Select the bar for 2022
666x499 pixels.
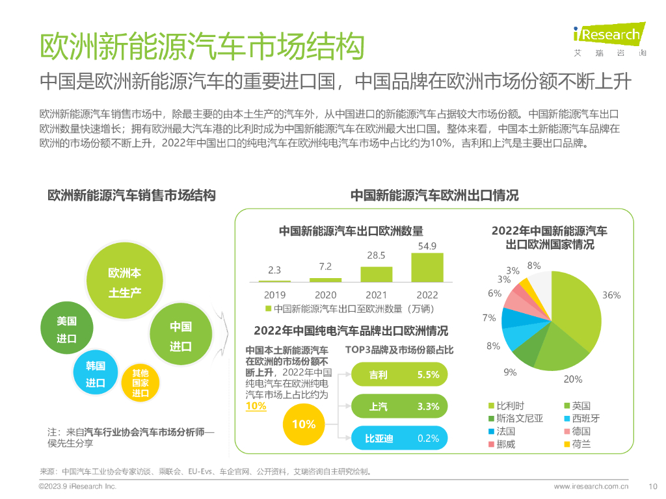(x=427, y=267)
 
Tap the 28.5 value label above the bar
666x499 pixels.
(x=376, y=255)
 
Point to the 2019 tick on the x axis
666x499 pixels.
(x=274, y=295)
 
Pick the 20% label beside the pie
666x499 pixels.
(x=572, y=379)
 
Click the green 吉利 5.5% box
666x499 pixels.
(x=399, y=375)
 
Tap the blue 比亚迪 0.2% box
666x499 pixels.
(x=399, y=439)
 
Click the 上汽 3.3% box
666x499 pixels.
(x=399, y=407)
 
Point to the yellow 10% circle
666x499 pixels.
(x=304, y=424)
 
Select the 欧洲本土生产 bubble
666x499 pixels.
(x=124, y=282)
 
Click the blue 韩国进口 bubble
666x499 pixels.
(x=96, y=374)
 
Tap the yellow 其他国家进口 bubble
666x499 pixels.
(x=140, y=383)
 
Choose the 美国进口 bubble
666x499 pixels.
(x=66, y=329)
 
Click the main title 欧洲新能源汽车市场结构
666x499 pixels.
(x=201, y=47)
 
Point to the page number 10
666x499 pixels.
(x=654, y=485)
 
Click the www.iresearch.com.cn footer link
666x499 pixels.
(x=591, y=485)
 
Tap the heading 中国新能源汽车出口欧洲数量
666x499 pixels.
(x=351, y=231)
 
